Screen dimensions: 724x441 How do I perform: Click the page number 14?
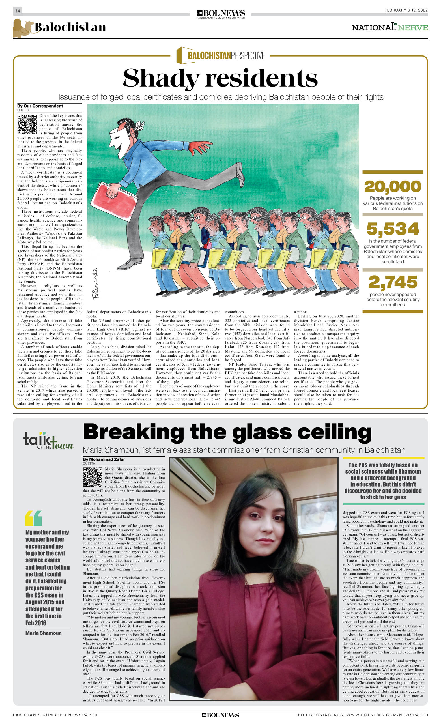pos(17,11)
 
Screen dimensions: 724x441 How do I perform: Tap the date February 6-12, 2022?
pos(406,10)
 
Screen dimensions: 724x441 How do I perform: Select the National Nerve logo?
pos(390,27)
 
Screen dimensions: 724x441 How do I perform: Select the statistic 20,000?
pos(393,186)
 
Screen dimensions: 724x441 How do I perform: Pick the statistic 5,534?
pos(393,229)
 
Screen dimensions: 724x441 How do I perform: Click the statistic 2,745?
pos(393,282)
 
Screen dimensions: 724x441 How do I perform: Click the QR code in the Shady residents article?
pos(27,124)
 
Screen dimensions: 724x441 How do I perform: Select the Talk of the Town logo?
pos(48,441)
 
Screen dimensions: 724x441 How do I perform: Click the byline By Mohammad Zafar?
pos(104,459)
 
